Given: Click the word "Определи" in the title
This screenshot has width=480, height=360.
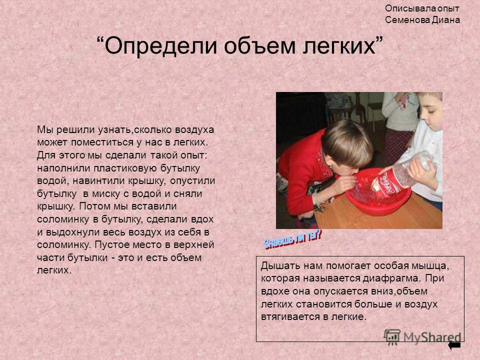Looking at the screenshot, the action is click(161, 46).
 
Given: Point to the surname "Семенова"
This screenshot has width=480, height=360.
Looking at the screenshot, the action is click(407, 20).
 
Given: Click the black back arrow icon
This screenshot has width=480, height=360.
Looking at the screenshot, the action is click(454, 345).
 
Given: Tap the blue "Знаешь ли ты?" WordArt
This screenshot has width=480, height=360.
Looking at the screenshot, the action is click(292, 239).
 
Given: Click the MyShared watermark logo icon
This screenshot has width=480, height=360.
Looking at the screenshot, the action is click(392, 337).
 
